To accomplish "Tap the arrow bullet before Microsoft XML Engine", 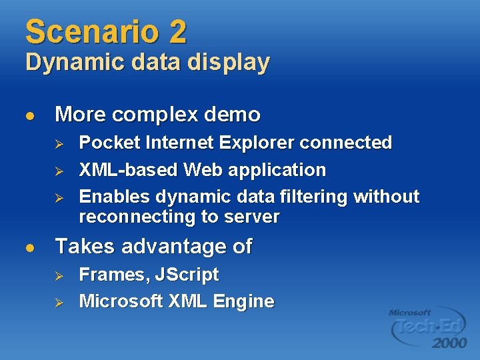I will coord(58,303).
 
